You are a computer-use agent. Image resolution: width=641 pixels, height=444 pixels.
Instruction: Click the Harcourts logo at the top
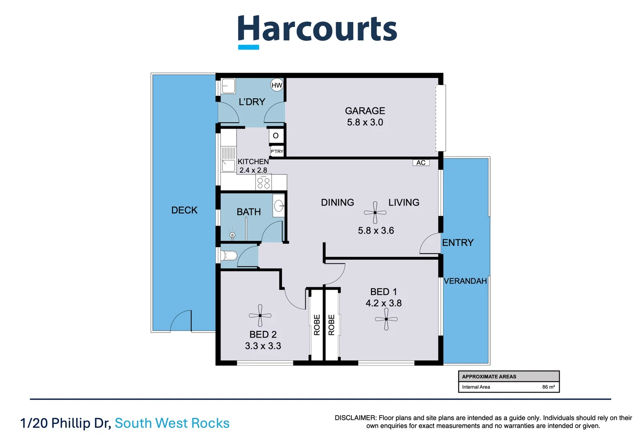point(317,31)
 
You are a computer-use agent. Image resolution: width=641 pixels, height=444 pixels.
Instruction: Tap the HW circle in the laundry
point(277,85)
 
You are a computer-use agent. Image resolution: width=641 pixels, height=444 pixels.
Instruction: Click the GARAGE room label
point(365,111)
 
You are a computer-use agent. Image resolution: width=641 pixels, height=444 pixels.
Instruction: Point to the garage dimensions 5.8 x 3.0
point(365,122)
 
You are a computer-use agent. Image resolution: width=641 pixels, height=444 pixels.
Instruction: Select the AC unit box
point(421,162)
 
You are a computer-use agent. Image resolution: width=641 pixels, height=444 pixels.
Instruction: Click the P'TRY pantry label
point(277,151)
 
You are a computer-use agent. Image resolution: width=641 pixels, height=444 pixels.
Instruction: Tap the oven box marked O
point(276,136)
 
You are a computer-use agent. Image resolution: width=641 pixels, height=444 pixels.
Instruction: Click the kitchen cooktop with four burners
point(263,182)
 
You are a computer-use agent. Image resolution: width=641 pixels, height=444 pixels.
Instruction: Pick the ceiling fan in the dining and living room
point(375,213)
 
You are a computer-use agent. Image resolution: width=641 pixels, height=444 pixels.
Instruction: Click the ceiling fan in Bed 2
point(260,316)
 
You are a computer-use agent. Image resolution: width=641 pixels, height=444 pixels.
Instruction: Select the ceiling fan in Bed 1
point(386,319)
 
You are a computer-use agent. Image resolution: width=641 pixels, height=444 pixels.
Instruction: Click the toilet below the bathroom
point(229,256)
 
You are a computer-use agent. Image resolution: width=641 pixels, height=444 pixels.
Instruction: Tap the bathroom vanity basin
point(279,205)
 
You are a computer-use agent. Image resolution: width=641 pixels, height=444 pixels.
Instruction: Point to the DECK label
point(184,210)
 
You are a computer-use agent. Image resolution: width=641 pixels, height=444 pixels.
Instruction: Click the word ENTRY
point(458,243)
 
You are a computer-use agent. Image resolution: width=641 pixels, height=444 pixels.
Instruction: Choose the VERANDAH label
point(465,281)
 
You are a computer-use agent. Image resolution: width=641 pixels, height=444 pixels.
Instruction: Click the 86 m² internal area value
point(548,387)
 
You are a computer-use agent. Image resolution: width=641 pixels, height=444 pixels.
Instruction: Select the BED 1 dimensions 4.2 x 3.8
point(383,303)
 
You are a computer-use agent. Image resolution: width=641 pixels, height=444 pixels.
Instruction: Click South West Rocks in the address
point(172,423)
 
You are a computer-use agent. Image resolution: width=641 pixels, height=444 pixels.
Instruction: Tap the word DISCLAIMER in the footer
point(355,418)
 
